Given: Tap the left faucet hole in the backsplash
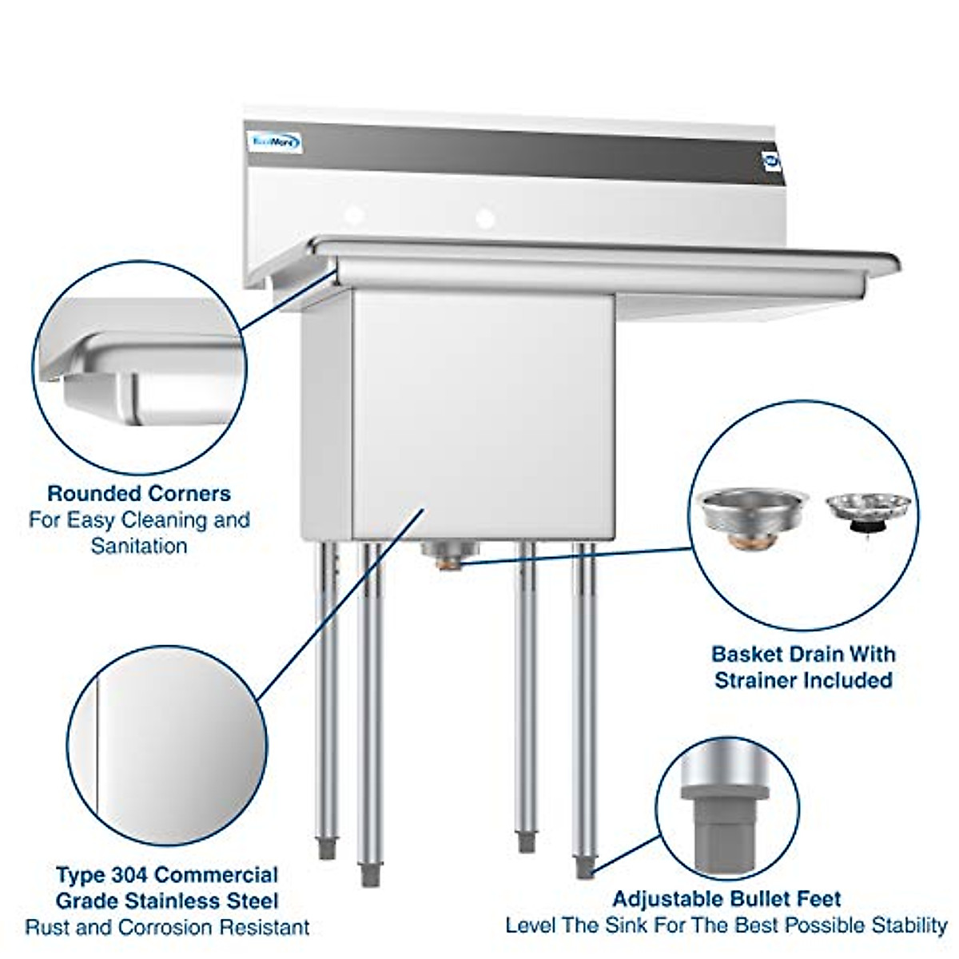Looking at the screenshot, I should [354, 215].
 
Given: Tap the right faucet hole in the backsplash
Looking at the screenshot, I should [484, 217].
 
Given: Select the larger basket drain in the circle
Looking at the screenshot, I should [750, 515].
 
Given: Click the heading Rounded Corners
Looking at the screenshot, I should [139, 493].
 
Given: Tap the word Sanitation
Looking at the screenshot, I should [139, 546].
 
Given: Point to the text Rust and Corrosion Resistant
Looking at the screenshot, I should [167, 927].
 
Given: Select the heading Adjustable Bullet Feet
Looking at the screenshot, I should [726, 899].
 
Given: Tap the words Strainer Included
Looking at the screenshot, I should [803, 680].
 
